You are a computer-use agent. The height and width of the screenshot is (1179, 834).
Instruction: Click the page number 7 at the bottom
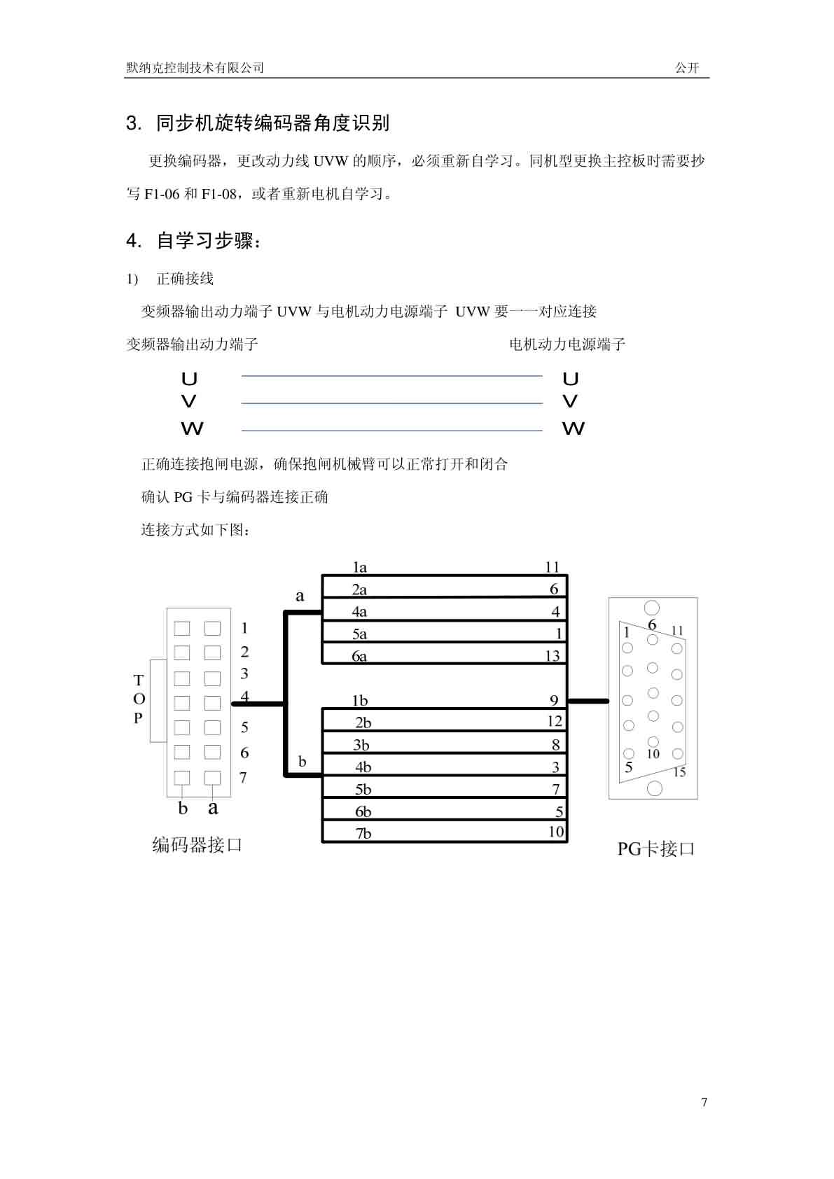[704, 1102]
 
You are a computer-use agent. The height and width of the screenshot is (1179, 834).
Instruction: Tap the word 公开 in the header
[687, 68]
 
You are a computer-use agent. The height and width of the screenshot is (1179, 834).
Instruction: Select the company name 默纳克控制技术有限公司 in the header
[195, 68]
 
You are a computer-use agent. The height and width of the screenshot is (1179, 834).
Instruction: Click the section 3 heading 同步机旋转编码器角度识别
[272, 123]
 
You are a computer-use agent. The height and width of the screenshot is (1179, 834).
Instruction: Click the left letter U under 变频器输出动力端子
[189, 379]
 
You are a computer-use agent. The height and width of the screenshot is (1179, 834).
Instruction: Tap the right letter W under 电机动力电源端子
[574, 428]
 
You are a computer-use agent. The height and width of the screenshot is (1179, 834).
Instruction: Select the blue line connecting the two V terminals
[392, 403]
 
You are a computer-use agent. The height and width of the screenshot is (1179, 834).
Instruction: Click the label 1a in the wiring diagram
[359, 567]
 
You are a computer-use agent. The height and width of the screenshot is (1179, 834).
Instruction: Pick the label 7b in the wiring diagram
[363, 833]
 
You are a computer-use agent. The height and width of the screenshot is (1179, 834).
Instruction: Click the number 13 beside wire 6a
[552, 655]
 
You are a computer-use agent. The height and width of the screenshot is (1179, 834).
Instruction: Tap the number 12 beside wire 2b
[555, 721]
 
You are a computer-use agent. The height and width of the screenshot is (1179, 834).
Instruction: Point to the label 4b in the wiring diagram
[363, 767]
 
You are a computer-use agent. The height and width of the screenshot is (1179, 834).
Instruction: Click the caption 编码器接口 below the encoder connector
[197, 845]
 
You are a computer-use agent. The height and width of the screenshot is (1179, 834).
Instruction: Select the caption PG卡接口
[656, 849]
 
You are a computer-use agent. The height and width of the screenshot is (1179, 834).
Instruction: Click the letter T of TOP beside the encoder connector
[139, 680]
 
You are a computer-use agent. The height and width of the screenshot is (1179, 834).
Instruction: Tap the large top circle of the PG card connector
[652, 608]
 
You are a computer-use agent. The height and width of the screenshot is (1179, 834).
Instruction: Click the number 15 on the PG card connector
[679, 772]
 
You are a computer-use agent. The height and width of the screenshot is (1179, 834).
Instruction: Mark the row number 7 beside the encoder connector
[243, 778]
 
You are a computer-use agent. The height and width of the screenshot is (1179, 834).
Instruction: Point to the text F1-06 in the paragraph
[162, 194]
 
